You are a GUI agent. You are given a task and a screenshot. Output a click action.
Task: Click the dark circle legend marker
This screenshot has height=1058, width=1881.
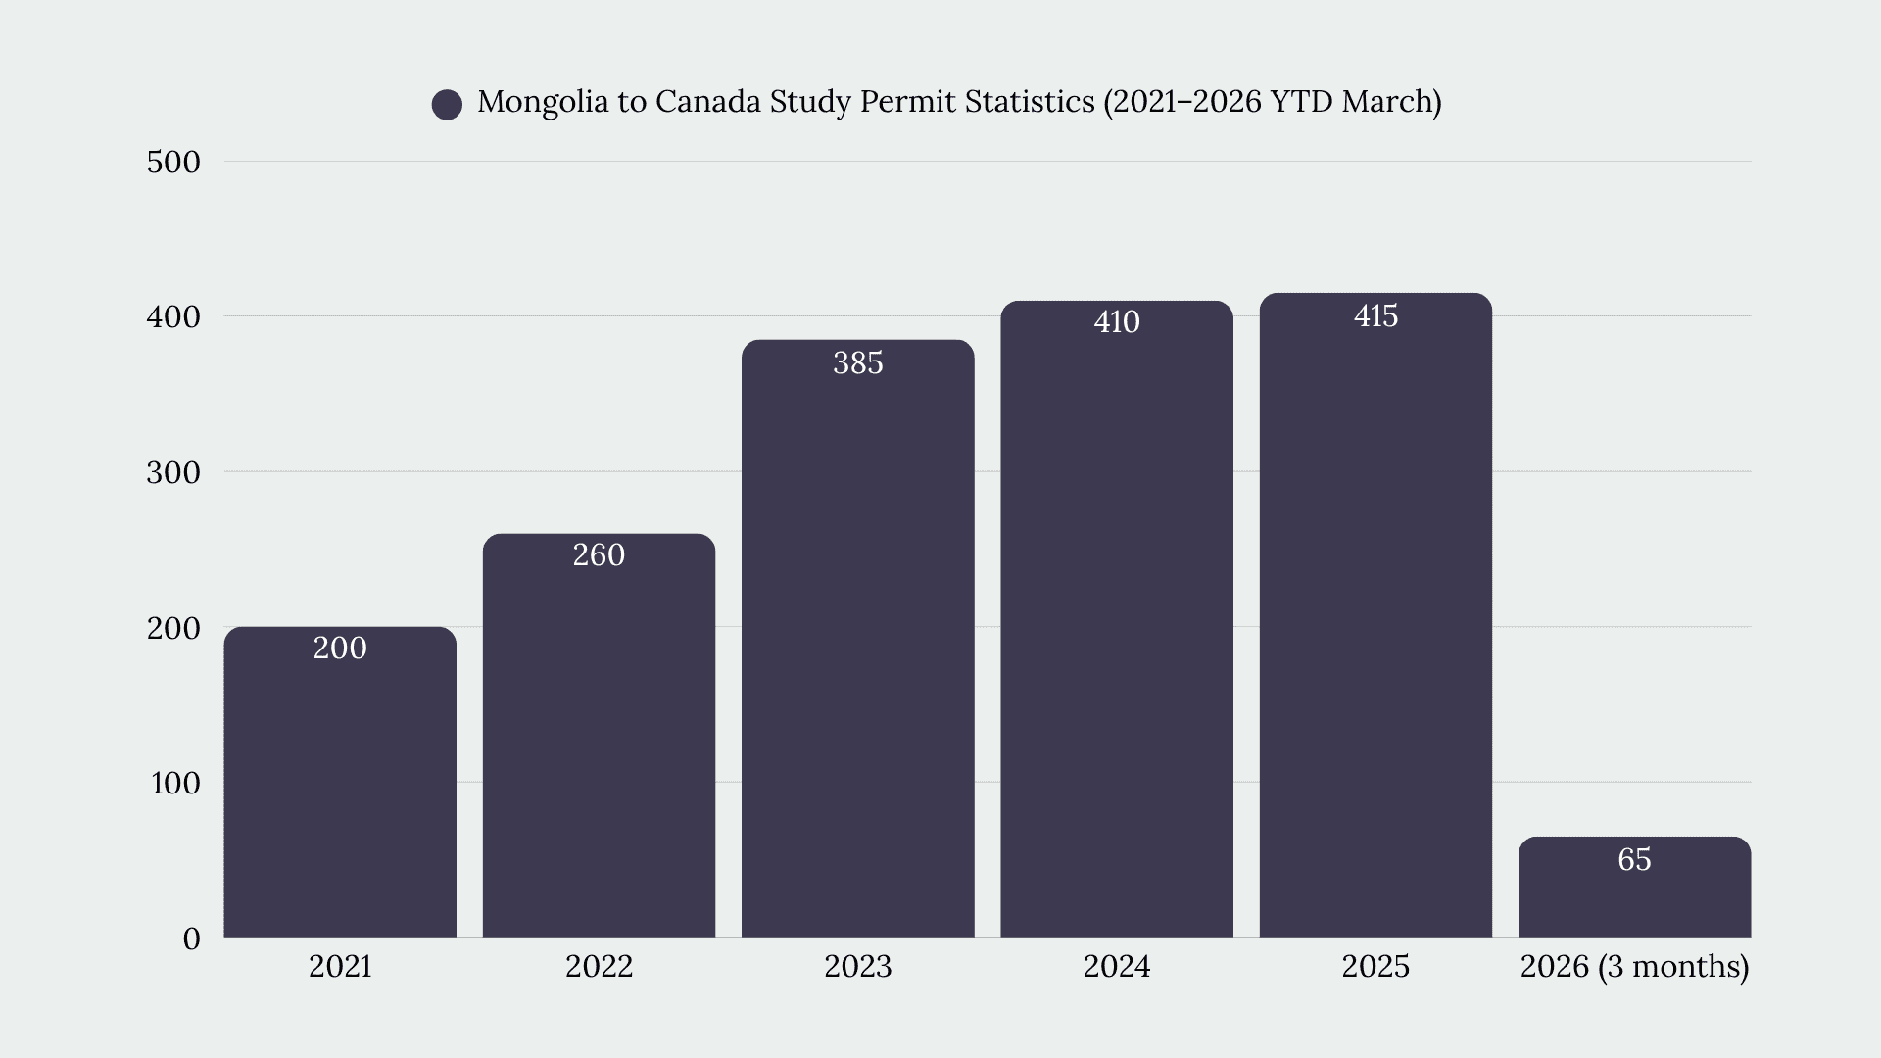[447, 105]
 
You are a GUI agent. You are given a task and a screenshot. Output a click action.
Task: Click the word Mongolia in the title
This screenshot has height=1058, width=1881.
[544, 102]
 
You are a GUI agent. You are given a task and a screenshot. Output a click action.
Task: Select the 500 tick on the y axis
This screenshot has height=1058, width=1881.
[173, 162]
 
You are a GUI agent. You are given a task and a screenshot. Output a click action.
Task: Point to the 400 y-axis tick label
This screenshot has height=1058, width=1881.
[173, 316]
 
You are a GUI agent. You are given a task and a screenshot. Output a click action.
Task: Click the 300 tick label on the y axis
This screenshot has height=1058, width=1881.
[173, 472]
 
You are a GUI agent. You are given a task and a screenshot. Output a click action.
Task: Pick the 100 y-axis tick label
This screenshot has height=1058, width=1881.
[175, 783]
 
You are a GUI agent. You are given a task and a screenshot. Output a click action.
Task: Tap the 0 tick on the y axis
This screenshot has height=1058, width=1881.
[191, 938]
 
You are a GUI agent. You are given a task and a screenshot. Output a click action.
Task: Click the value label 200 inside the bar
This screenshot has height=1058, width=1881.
[340, 648]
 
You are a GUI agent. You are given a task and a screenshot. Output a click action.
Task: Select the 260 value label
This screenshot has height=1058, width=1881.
[599, 554]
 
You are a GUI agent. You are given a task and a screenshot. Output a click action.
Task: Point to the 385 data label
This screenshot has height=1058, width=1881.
[858, 362]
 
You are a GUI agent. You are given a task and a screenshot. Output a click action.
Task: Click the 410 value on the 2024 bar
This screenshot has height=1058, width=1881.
[1117, 321]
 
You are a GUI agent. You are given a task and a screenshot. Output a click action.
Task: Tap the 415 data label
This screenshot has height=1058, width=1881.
[1375, 315]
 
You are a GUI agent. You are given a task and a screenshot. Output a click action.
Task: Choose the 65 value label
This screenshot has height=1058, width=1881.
[1634, 859]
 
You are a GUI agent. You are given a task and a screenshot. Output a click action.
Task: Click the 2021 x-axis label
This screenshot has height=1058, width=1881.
[340, 966]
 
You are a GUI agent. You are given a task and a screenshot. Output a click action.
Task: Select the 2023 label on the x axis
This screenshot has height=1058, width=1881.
[858, 966]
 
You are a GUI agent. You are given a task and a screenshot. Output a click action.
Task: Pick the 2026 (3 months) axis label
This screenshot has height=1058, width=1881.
[1634, 967]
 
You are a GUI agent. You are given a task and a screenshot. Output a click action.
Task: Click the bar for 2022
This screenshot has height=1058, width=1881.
[599, 736]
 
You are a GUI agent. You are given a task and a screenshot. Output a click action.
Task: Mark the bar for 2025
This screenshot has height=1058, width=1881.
[1375, 615]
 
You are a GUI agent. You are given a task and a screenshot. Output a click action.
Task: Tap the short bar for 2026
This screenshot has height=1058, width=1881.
[1634, 887]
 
